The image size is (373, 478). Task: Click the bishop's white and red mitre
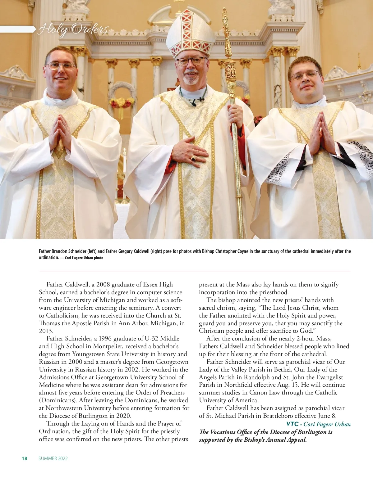190,34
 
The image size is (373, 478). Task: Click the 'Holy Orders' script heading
73,30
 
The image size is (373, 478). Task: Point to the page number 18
25,458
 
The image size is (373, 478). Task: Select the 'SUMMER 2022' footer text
53,458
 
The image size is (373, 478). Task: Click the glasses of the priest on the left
61,66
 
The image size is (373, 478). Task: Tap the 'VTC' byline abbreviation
292,424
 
